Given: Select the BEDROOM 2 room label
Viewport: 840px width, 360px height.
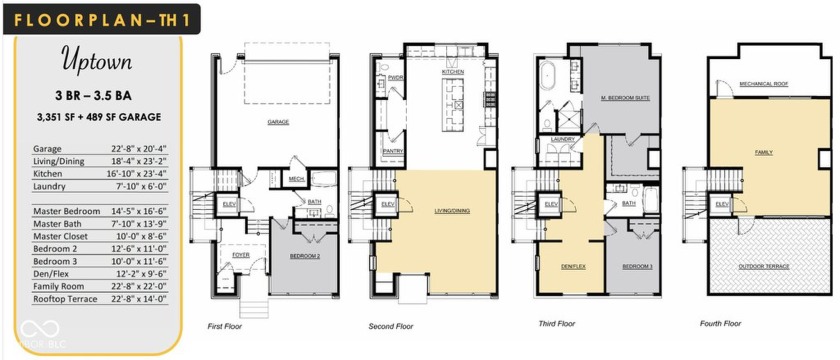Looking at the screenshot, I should (x=305, y=256).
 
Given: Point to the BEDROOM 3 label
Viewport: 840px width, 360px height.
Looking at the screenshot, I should (x=637, y=266).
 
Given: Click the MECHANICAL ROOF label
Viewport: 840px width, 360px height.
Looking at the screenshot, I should (x=760, y=84).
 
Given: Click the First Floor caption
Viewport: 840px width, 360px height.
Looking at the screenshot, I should (x=225, y=326).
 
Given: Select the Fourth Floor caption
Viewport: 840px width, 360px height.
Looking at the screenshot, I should (x=722, y=324).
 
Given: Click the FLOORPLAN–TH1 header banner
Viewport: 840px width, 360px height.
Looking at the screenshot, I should (x=100, y=18).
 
